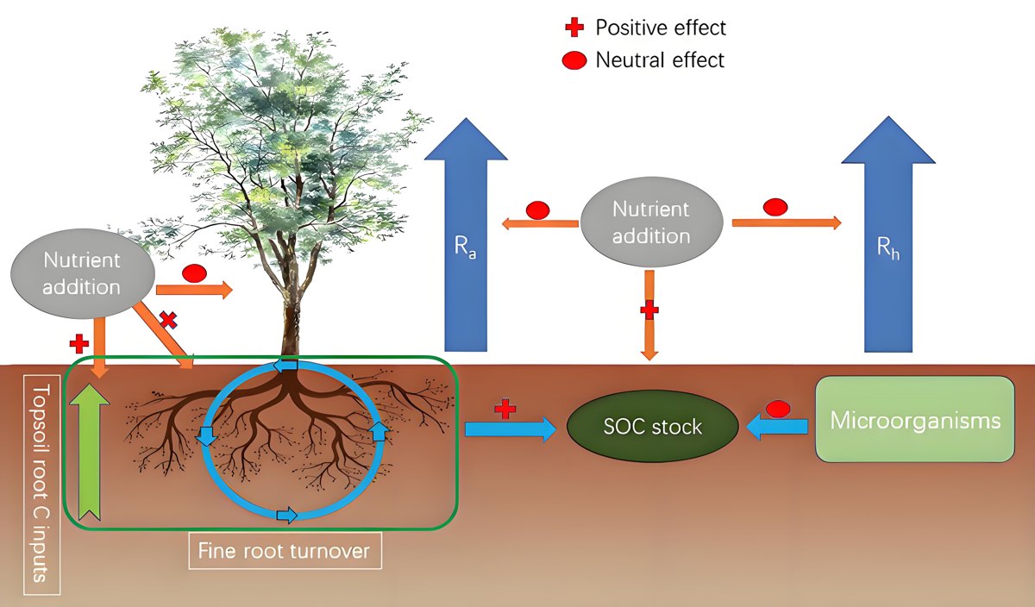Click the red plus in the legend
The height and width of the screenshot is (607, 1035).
574,28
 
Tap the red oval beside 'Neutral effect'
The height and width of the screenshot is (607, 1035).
574,60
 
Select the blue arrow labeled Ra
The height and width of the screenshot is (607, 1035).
466,235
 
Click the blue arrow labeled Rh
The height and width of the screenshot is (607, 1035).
888,235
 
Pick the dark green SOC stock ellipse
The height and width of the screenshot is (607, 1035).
652,427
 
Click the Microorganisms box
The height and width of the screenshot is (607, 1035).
915,419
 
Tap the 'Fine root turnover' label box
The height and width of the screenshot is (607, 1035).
285,551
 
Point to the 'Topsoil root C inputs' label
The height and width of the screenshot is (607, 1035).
41,485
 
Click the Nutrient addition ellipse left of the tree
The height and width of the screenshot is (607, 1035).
82,273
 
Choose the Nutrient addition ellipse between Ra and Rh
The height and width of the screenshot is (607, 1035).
651,222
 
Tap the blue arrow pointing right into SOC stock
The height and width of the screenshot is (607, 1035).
511,429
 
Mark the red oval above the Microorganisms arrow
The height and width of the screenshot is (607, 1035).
778,409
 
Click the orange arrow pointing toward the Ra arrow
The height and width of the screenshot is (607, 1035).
540,224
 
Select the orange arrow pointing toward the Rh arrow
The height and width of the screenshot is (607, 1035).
787,222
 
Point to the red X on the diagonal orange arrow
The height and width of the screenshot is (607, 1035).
167,320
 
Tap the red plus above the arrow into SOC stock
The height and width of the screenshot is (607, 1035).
505,410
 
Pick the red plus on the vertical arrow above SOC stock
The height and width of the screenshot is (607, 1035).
649,310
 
